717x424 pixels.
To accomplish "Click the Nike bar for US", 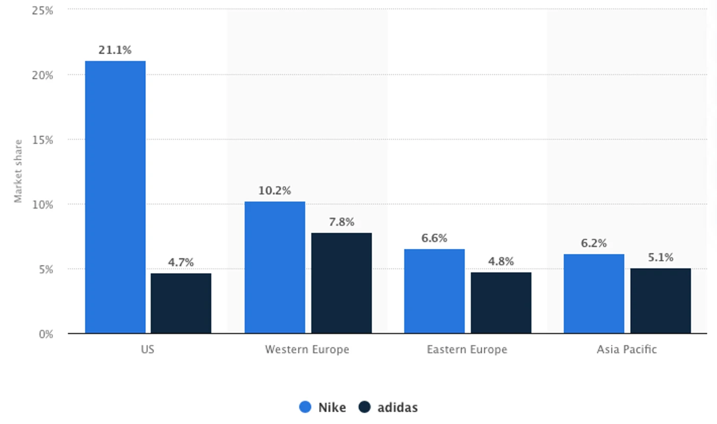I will [115, 197].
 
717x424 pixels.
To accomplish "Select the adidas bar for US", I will [181, 303].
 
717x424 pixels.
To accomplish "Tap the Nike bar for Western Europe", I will [275, 267].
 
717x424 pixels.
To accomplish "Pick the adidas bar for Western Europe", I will [341, 283].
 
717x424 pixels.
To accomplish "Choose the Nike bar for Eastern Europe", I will [434, 291].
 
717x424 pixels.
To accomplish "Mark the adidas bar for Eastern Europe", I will [501, 303].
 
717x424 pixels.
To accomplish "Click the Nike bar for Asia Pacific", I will [594, 293].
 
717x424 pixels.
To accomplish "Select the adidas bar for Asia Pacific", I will [661, 301].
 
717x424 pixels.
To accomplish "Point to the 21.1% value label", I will [115, 50].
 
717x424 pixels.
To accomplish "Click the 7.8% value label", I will [341, 222].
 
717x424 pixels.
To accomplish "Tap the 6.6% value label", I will [434, 239].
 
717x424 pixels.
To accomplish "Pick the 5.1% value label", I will [661, 258].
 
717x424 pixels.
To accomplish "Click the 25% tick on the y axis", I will [42, 10].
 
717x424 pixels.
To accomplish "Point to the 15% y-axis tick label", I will [42, 140].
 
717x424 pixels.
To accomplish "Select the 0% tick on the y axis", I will [46, 334].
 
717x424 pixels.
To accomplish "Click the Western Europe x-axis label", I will [307, 350].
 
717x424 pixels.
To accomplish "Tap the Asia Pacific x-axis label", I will [627, 350].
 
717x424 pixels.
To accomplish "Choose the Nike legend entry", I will [323, 407].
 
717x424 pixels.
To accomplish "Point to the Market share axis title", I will [18, 171].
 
